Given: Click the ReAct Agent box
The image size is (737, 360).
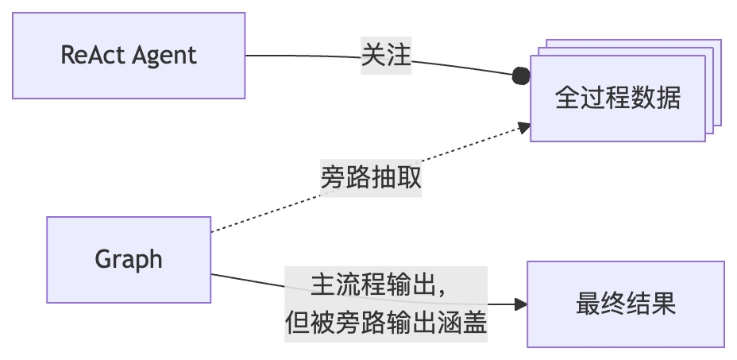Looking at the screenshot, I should coord(129,56).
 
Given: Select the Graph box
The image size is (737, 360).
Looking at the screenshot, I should coord(129,259).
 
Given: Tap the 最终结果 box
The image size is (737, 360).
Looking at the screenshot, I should coord(625,304).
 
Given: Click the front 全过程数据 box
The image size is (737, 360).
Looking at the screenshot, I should coord(617,99).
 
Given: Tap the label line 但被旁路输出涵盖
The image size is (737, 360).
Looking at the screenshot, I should coord(386,323).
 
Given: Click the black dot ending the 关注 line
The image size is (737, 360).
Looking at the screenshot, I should coord(521,75).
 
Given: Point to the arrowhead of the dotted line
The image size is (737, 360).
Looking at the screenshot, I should coord(524,127).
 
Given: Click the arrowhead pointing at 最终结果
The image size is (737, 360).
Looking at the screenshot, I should coord(521,304).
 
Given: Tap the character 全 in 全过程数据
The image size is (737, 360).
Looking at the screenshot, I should coord(567,99).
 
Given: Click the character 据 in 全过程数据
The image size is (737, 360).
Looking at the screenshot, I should coord(669,99).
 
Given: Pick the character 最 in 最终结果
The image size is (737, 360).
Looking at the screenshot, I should coord(588,304).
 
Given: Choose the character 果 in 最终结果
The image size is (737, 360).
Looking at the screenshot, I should coord(663,304).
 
